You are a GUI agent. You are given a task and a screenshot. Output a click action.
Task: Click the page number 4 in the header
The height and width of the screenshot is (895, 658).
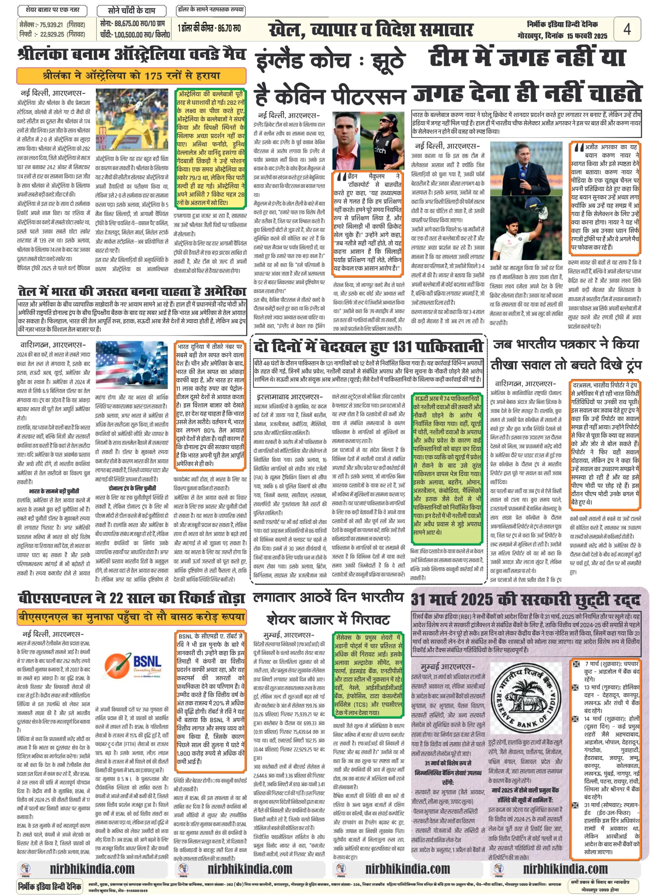[x=627, y=29]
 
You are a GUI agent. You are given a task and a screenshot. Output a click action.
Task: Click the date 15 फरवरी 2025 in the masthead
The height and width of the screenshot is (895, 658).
[x=587, y=36]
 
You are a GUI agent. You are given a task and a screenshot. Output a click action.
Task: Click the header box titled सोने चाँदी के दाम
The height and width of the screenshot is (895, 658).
[x=131, y=10]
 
